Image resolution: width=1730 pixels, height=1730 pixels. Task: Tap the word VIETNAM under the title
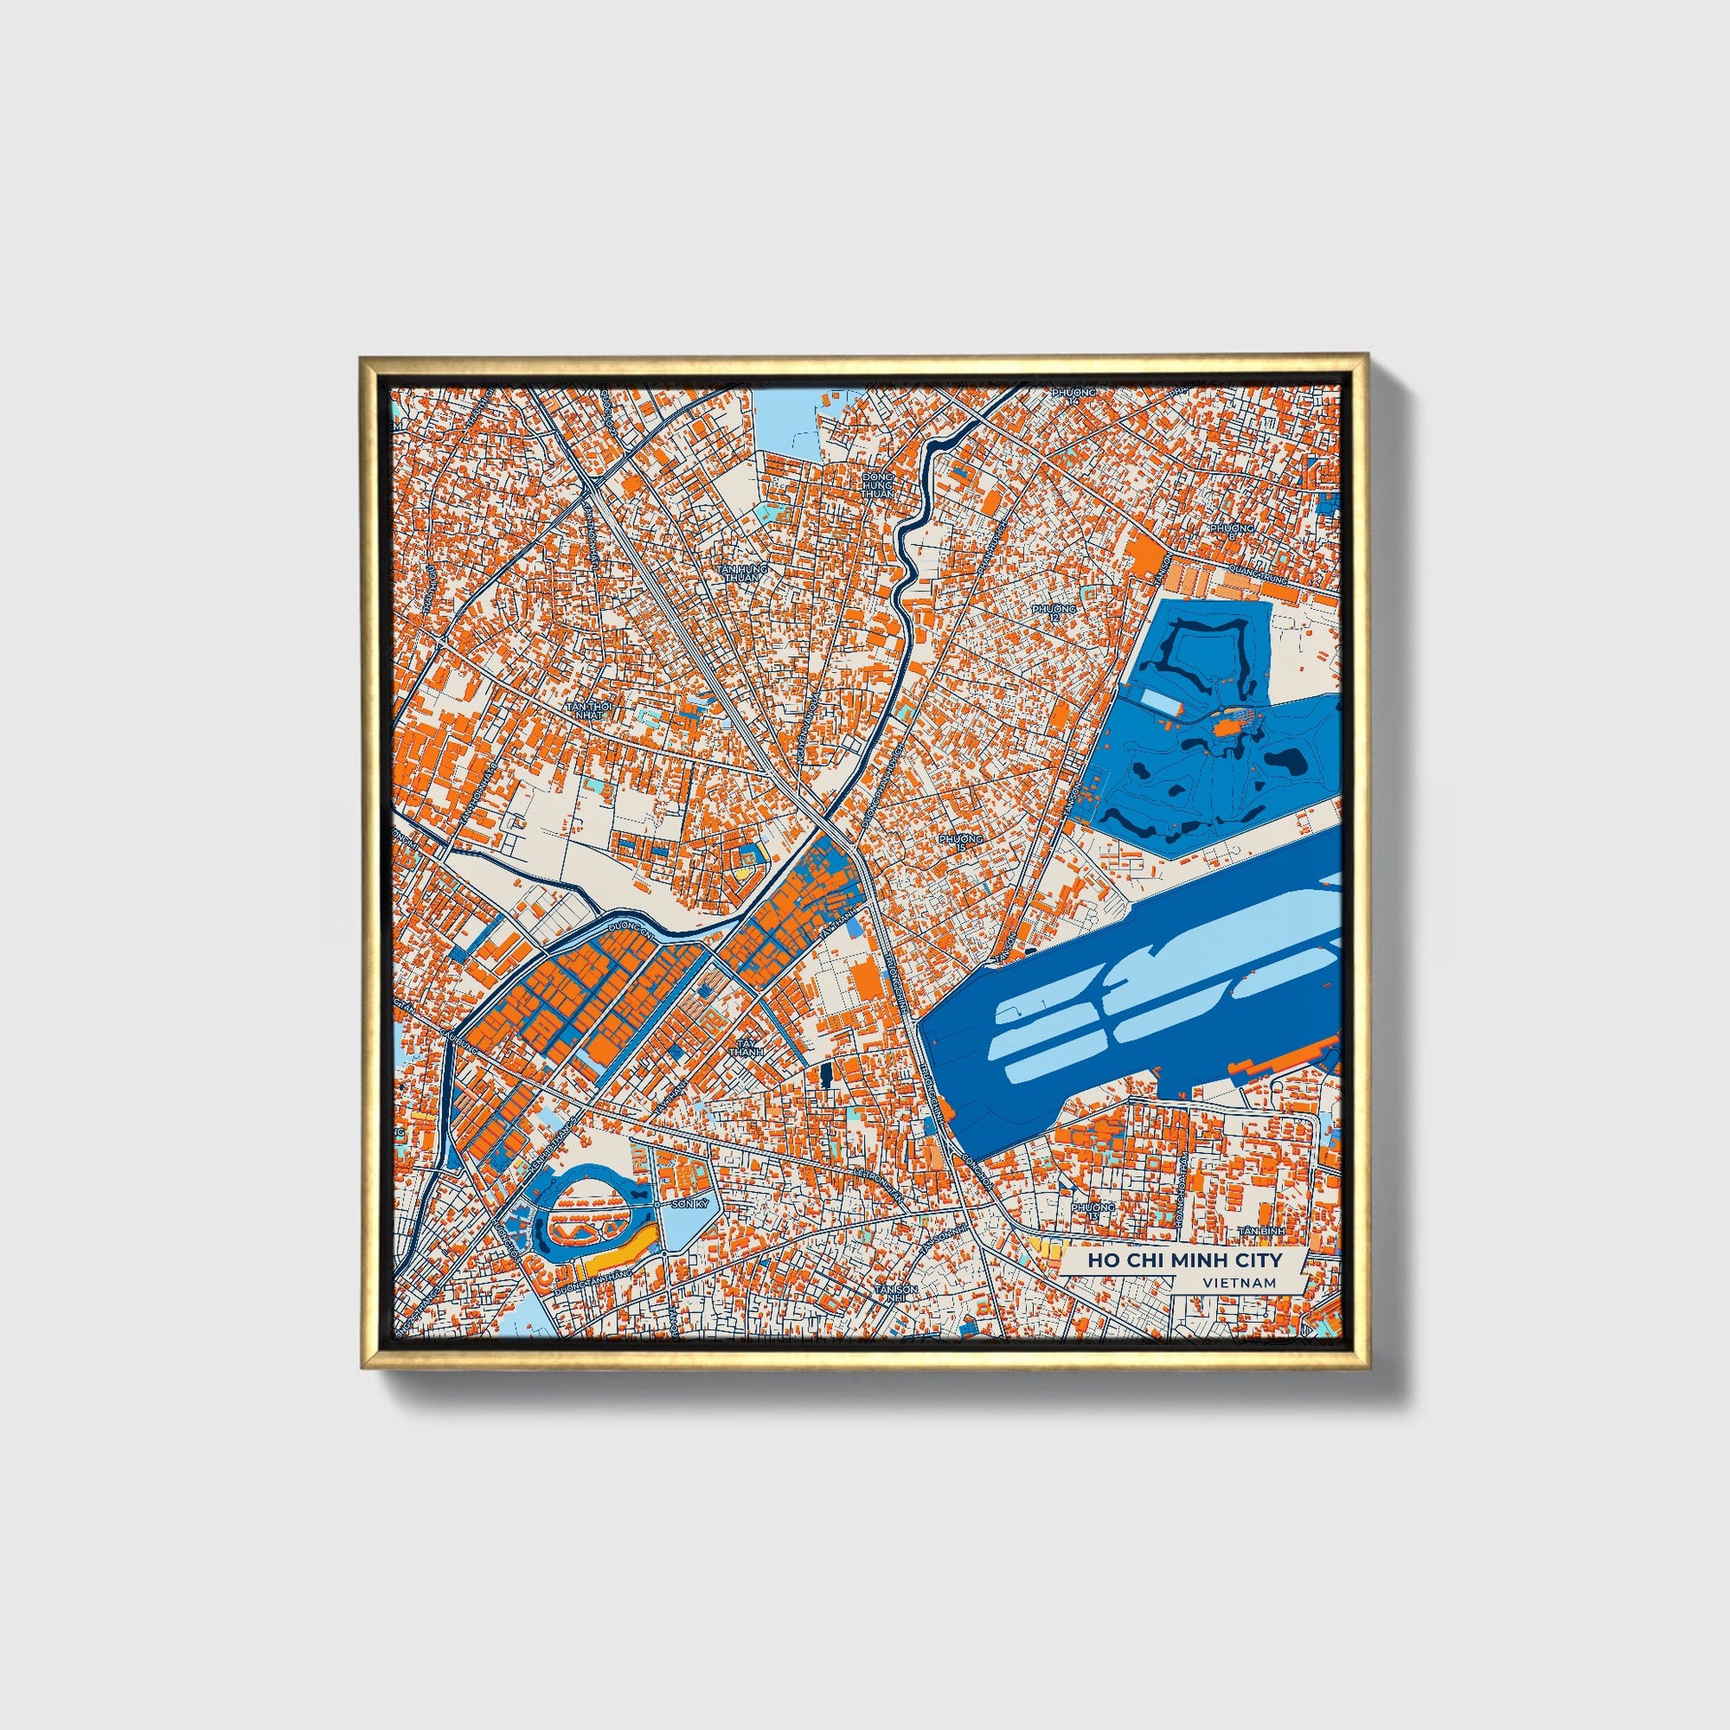pyautogui.click(x=1240, y=1282)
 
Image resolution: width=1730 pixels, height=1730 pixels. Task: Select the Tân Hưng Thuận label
pyautogui.click(x=744, y=573)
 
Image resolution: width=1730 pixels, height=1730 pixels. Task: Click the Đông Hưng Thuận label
pyautogui.click(x=877, y=486)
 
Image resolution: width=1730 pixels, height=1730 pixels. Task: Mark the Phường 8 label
pyautogui.click(x=1232, y=532)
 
